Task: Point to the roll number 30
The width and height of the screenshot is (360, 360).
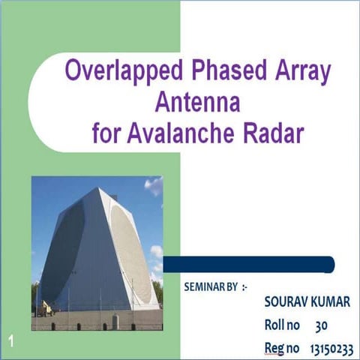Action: tap(321, 325)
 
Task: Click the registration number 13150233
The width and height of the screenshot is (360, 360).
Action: tap(331, 349)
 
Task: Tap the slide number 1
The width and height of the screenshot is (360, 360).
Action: tap(12, 342)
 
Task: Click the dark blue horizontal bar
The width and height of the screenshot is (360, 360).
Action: tap(248, 264)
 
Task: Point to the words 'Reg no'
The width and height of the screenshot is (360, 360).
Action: tap(282, 349)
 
